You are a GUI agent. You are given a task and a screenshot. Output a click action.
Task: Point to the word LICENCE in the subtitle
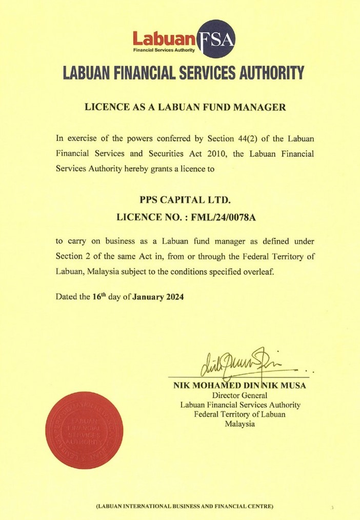[102, 108]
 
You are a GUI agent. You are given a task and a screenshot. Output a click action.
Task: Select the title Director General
[240, 395]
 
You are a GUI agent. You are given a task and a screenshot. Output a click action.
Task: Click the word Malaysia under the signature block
[240, 424]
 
